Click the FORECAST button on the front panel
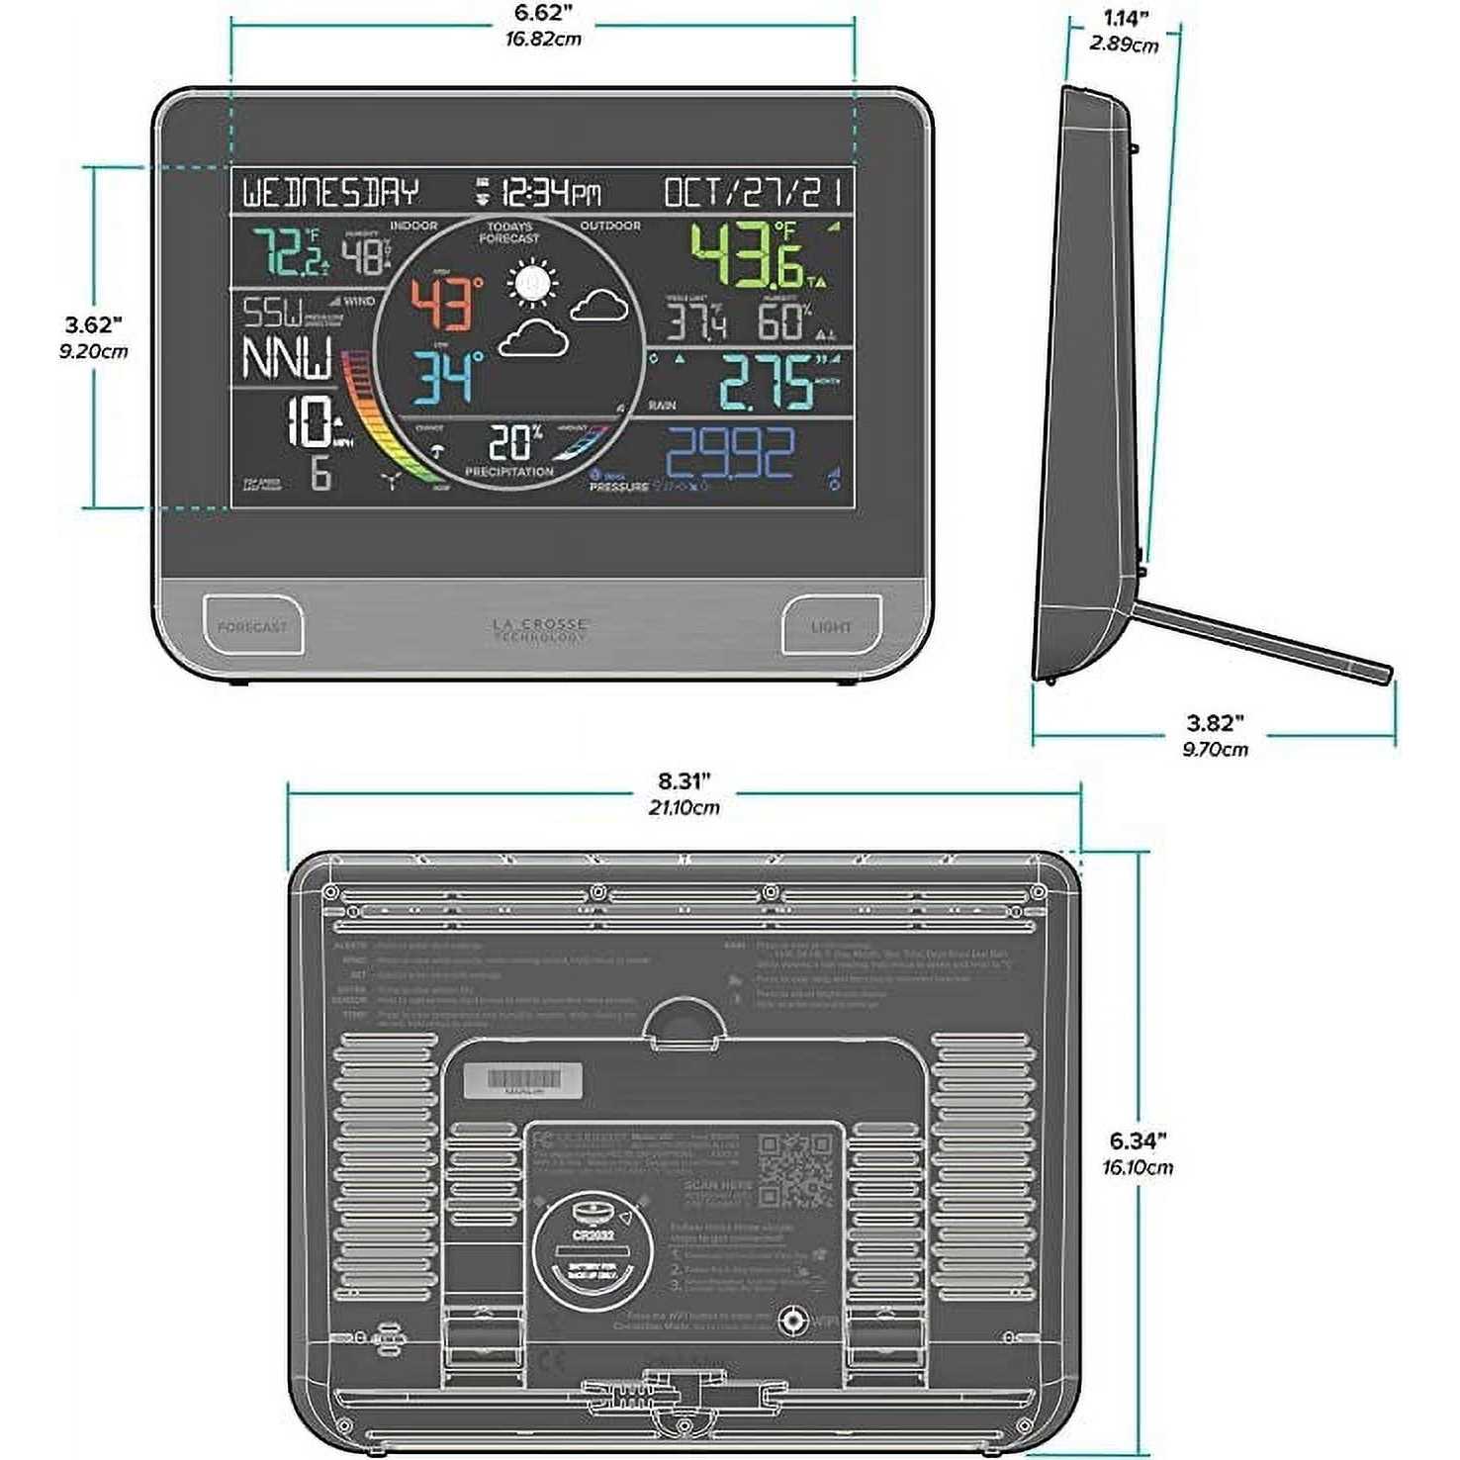pyautogui.click(x=252, y=626)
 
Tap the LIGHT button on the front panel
pyautogui.click(x=831, y=626)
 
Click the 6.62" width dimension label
pyautogui.click(x=543, y=14)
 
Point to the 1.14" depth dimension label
pyautogui.click(x=1126, y=19)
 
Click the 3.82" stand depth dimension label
pyautogui.click(x=1215, y=724)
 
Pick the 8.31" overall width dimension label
pyautogui.click(x=684, y=782)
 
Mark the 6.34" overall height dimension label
pyautogui.click(x=1138, y=1141)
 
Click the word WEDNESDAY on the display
pyautogui.click(x=331, y=192)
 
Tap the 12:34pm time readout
pyautogui.click(x=550, y=192)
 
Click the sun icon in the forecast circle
pyautogui.click(x=533, y=284)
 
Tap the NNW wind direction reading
pyautogui.click(x=287, y=358)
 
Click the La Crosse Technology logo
pyautogui.click(x=540, y=630)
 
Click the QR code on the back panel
pyautogui.click(x=795, y=1170)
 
